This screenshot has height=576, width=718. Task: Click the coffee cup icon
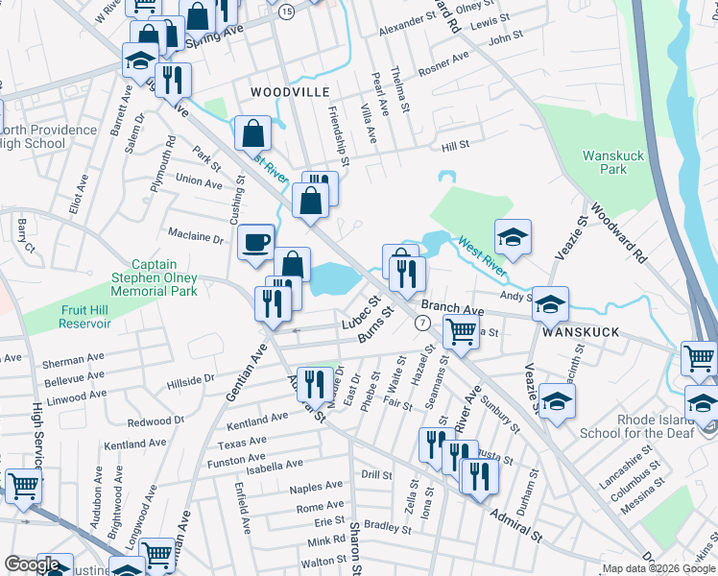(254, 241)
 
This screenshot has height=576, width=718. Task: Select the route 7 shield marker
(422, 323)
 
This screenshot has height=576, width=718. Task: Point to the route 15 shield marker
(287, 11)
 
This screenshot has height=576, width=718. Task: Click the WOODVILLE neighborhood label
(290, 91)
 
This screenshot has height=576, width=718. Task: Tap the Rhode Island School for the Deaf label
(642, 425)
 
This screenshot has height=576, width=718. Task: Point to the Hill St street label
(454, 145)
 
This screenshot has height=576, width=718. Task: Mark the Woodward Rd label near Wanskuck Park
(619, 233)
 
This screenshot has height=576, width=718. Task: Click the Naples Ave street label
(319, 488)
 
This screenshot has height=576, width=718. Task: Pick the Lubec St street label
(362, 316)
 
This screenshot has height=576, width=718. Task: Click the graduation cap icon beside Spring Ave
(140, 60)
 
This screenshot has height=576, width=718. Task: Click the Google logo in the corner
(32, 564)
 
